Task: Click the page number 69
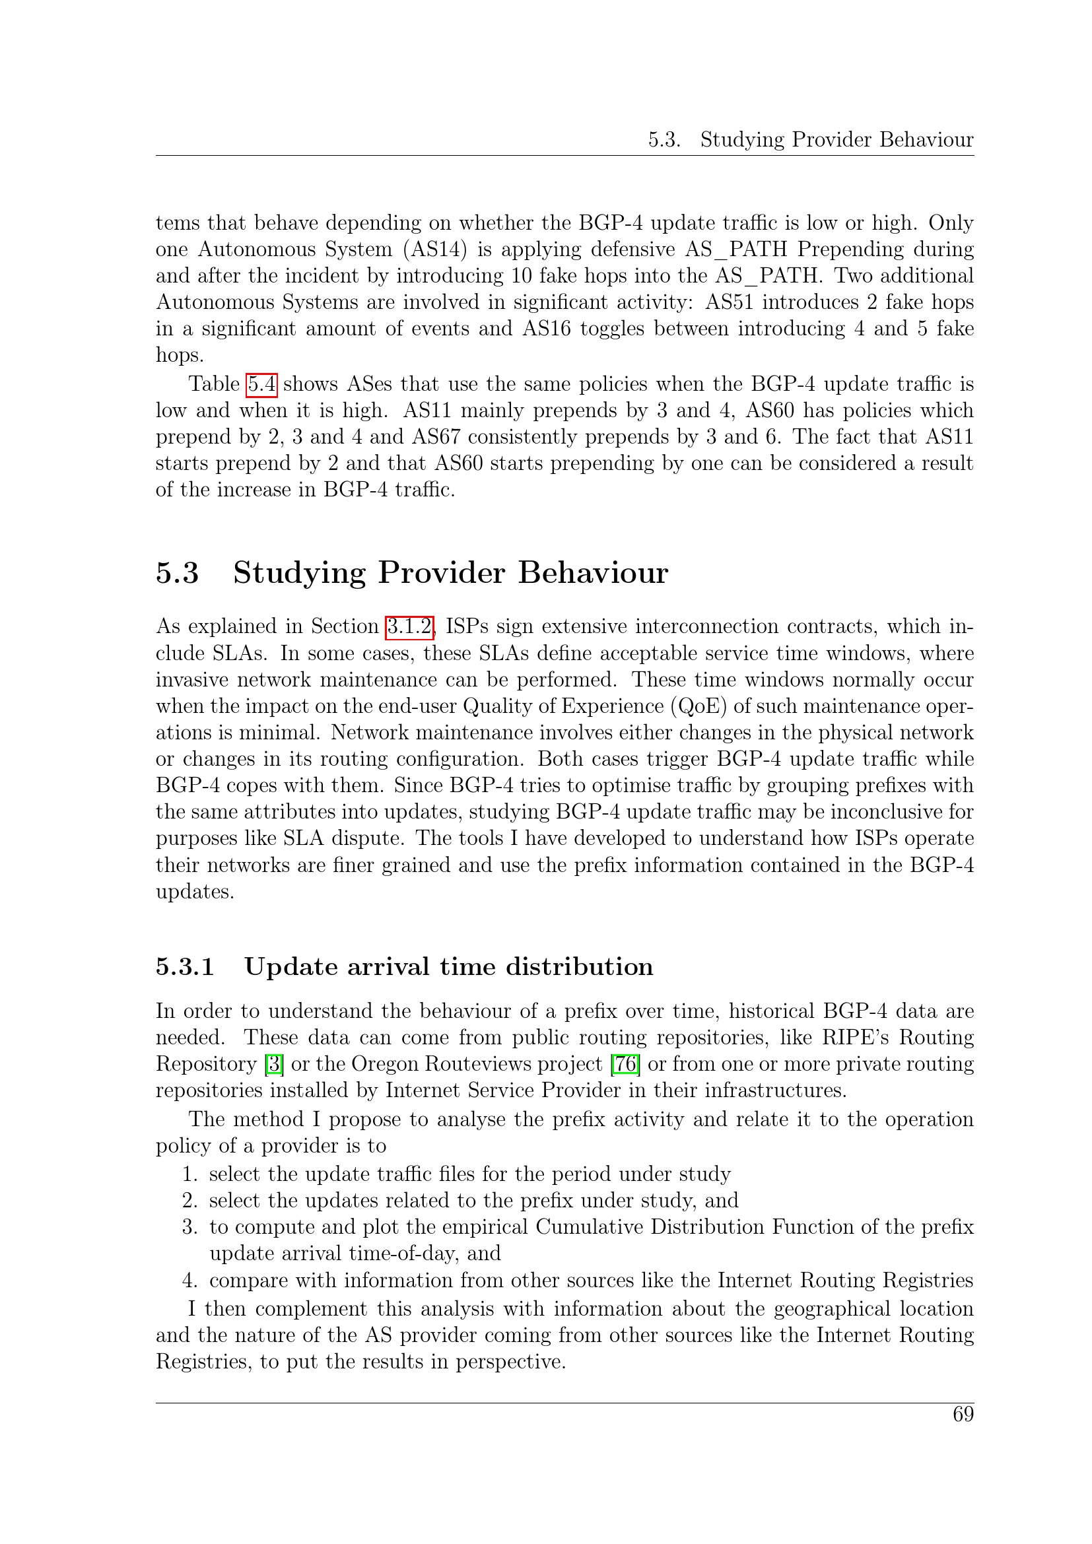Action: point(963,1414)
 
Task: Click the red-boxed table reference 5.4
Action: point(261,384)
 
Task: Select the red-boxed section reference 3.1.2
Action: point(409,626)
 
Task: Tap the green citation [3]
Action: point(274,1064)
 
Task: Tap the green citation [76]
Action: point(625,1064)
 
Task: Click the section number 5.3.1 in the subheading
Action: point(185,967)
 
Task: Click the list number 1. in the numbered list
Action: point(189,1174)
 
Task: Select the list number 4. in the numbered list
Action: point(189,1280)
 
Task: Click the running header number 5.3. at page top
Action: point(664,140)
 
